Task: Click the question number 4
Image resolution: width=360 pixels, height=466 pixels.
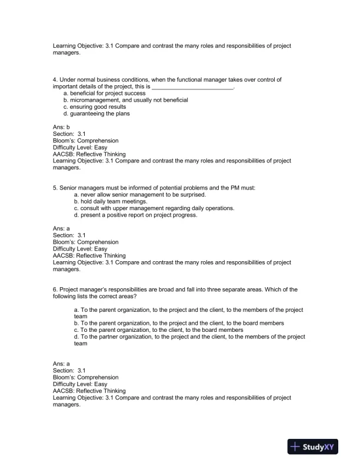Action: point(55,79)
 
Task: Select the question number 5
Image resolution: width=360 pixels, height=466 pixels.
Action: point(55,188)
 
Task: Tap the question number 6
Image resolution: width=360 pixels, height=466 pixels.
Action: point(55,289)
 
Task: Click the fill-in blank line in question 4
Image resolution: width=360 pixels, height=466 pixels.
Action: point(193,86)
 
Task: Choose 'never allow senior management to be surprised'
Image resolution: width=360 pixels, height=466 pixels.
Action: point(140,195)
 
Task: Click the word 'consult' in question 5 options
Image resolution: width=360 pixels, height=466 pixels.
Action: point(89,208)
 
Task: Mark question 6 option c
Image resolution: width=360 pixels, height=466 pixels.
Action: point(157,330)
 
